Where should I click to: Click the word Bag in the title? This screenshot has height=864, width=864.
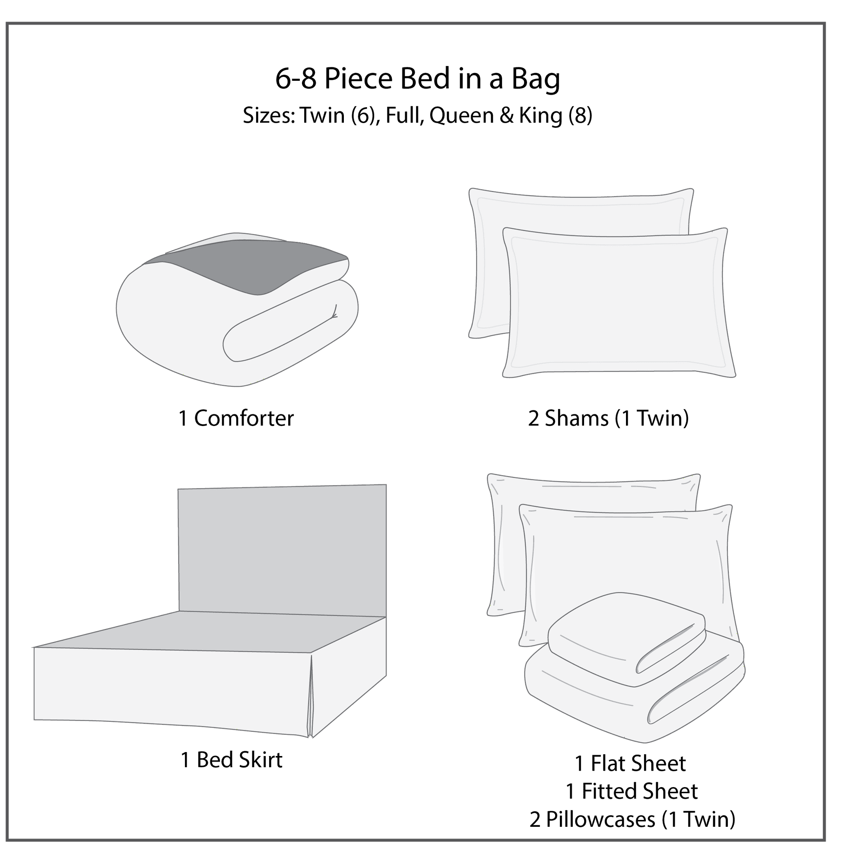point(535,79)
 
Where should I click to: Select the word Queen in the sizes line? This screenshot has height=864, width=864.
point(461,116)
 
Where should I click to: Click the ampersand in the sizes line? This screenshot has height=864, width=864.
point(506,116)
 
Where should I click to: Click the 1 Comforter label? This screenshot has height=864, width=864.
point(236,419)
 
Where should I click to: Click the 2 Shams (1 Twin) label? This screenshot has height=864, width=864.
point(608,419)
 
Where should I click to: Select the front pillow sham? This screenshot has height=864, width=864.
point(619,303)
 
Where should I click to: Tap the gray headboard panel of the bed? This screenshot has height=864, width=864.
point(282,550)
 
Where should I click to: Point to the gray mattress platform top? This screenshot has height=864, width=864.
point(210,631)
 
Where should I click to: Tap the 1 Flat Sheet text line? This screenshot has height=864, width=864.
point(630,763)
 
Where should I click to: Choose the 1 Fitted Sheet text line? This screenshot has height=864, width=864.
point(632,791)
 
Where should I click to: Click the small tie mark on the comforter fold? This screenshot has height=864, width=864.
point(334,312)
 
